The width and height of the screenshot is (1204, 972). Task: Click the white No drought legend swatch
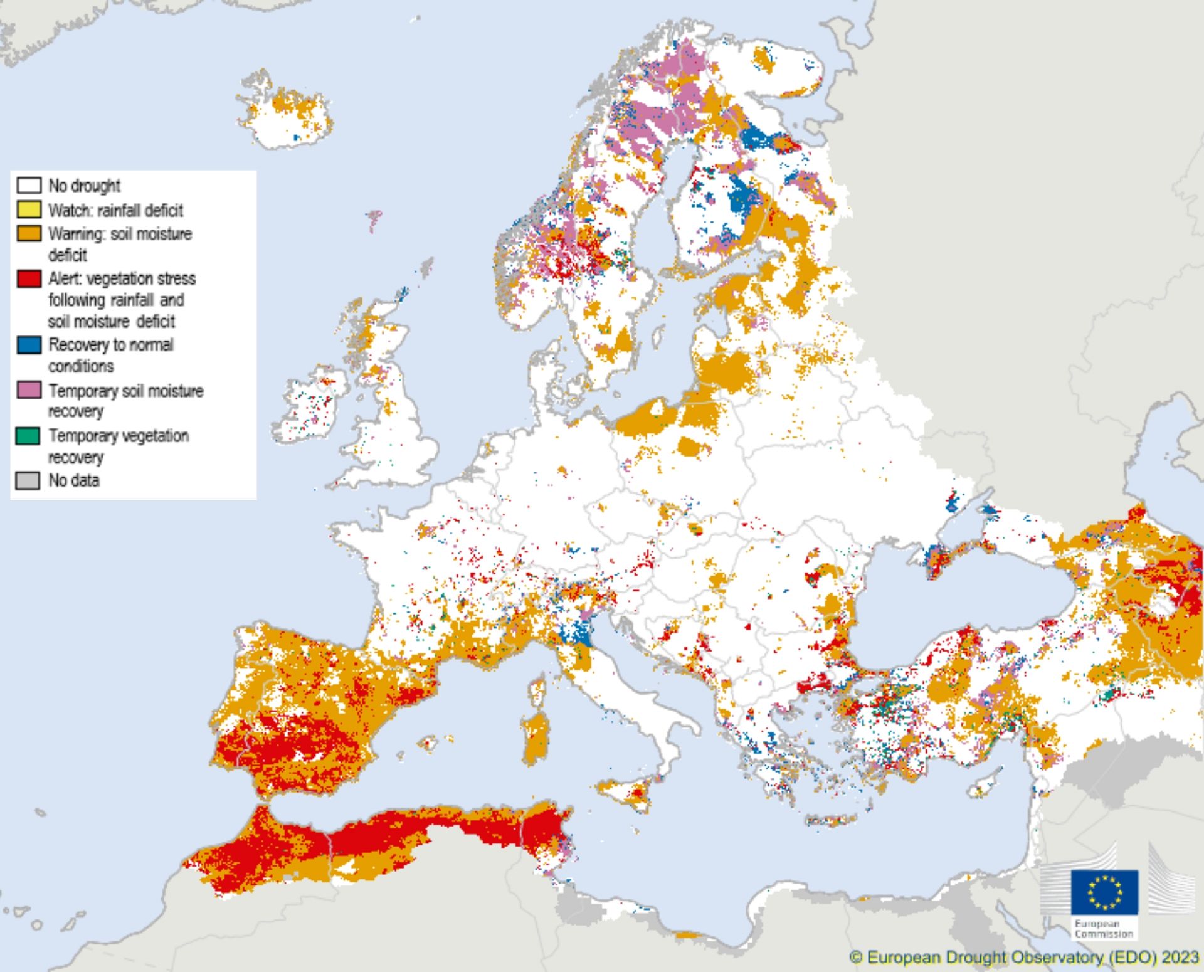(x=29, y=185)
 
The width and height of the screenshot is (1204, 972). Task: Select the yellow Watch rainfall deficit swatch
(x=29, y=209)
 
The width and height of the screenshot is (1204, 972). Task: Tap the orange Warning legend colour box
(x=29, y=233)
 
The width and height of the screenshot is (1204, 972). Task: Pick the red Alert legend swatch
(x=29, y=278)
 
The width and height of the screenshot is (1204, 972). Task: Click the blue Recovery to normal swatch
(x=29, y=345)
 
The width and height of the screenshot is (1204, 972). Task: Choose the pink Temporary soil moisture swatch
(x=29, y=390)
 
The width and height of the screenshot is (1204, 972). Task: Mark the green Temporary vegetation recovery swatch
(x=29, y=436)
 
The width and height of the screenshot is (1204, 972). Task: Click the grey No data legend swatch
(x=29, y=480)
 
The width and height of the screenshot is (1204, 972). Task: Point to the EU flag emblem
(x=1104, y=892)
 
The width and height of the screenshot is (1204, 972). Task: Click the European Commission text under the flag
(x=1104, y=929)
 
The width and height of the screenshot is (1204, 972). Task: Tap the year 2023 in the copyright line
(x=1180, y=958)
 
